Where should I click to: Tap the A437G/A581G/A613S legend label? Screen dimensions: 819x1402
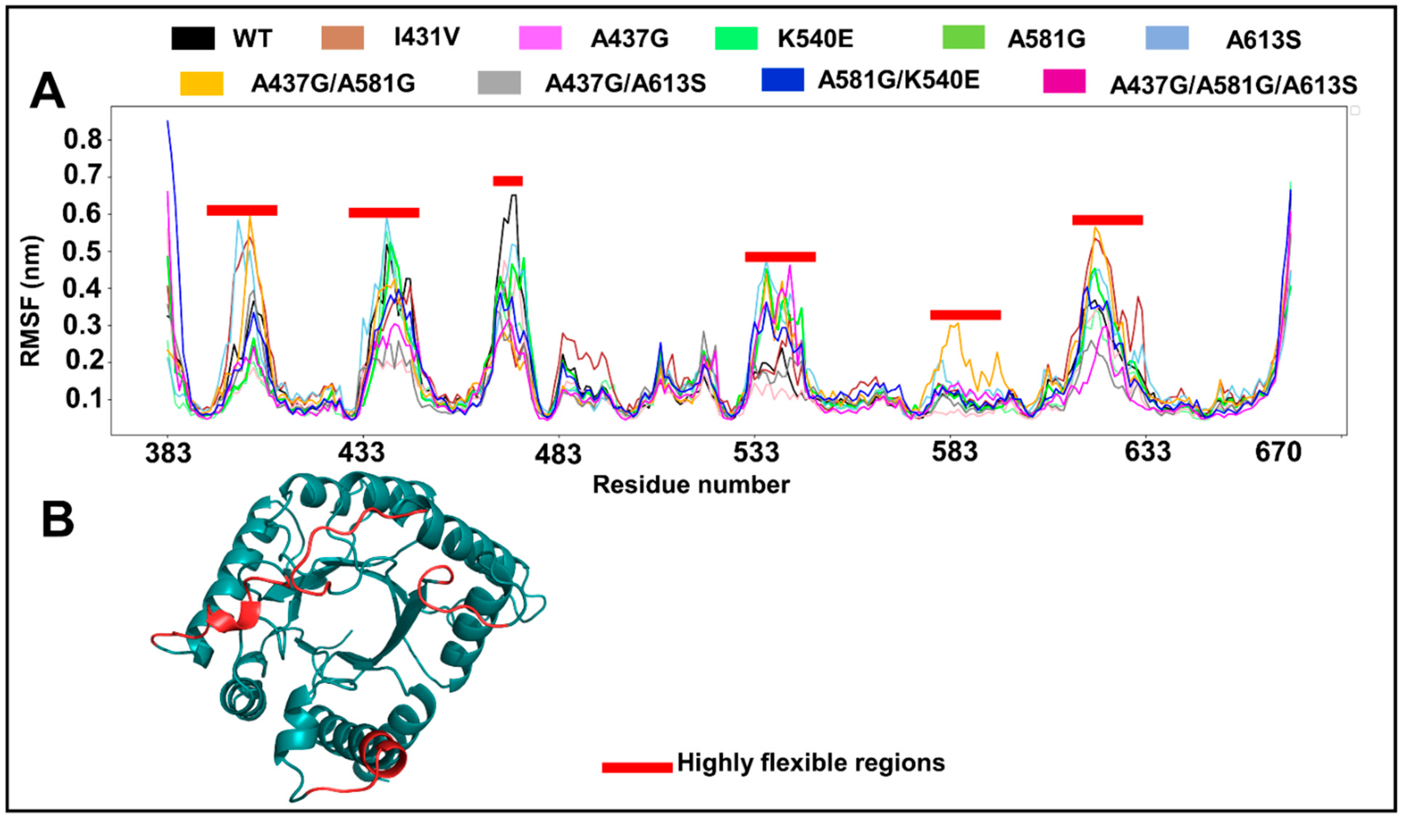coord(1233,85)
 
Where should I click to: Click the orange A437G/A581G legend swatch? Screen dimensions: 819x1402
coord(201,84)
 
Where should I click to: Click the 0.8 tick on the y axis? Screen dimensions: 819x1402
coord(84,139)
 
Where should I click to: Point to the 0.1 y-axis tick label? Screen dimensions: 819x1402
coord(84,399)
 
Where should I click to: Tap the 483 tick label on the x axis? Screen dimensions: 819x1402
coord(558,454)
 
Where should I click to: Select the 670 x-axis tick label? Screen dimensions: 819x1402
coord(1278,452)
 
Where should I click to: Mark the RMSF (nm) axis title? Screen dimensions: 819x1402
coord(31,301)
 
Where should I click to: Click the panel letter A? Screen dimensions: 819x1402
coord(47,92)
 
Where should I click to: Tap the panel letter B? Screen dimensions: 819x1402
coord(58,519)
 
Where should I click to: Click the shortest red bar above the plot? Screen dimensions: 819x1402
coord(507,181)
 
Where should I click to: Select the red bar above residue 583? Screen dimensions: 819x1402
coord(965,315)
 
